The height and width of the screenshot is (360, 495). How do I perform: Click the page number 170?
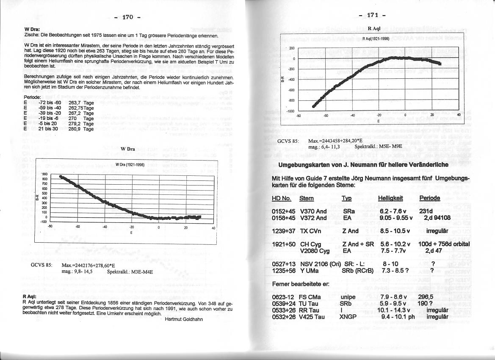127,17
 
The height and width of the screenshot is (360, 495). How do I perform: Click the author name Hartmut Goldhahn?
184,319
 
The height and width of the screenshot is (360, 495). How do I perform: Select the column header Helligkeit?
390,198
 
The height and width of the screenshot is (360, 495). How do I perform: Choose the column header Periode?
429,198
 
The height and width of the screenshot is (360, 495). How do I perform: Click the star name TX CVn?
310,231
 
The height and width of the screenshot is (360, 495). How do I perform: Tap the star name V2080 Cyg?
315,251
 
